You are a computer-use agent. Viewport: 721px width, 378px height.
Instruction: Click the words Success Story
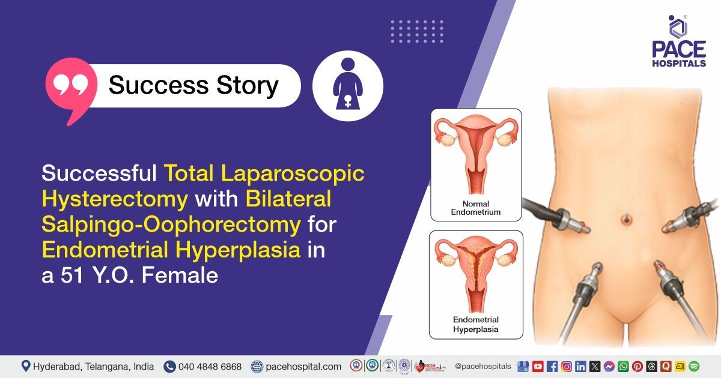click(x=193, y=85)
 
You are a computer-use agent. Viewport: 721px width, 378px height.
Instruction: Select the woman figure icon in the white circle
click(x=348, y=86)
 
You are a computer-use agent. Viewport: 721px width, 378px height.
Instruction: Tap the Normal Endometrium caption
click(x=476, y=208)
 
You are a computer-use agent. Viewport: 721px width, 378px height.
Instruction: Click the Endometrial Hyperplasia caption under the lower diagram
click(x=476, y=325)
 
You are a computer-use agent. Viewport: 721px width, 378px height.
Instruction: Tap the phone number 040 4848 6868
click(x=210, y=366)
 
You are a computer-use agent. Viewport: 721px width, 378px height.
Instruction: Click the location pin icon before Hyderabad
click(x=26, y=366)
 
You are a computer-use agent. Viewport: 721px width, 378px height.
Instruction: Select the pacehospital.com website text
click(x=303, y=366)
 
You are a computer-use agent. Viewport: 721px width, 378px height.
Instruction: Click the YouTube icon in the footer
click(x=538, y=366)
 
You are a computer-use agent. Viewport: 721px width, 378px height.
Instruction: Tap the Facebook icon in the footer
click(x=552, y=366)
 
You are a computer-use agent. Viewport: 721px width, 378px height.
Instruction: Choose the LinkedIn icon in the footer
click(x=580, y=366)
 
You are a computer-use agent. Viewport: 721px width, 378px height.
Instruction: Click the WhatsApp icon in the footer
click(x=623, y=366)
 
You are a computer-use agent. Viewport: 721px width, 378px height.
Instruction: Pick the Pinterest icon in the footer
click(x=637, y=366)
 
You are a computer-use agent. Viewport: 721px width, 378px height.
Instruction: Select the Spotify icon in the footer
click(x=694, y=366)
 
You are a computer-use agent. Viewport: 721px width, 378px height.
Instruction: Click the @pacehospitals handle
click(x=483, y=366)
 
